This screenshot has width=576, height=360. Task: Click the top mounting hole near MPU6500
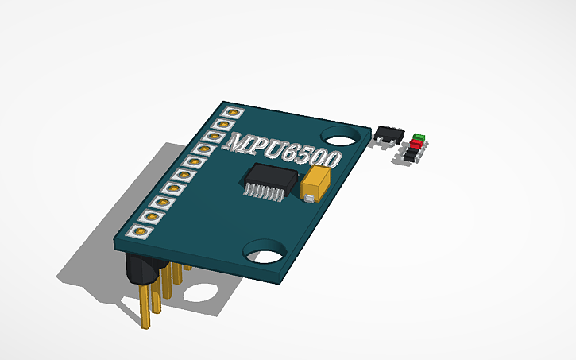[x=341, y=135]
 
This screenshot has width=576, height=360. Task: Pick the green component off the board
[x=419, y=137]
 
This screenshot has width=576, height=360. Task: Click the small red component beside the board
[x=415, y=146]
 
